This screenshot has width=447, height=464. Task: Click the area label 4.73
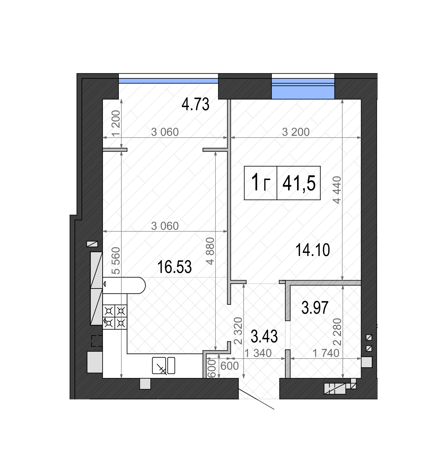[195, 104]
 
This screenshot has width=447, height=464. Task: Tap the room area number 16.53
[174, 267]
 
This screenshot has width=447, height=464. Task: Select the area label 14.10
[313, 250]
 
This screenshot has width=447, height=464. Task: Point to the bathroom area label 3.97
[315, 307]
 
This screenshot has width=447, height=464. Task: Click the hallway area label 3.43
[264, 336]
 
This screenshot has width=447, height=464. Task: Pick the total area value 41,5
[299, 183]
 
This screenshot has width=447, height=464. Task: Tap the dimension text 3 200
[296, 132]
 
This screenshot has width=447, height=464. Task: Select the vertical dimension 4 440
[337, 190]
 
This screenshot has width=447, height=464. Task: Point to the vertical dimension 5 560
[116, 261]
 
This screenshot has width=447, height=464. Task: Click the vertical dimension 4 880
[210, 251]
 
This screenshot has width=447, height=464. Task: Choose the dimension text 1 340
[258, 353]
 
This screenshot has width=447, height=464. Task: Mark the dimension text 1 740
[326, 353]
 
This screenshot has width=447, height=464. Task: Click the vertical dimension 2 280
[337, 332]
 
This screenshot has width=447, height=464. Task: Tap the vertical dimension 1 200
[116, 123]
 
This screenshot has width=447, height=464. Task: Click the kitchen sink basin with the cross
[159, 366]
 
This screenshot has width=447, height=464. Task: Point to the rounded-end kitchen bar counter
[124, 285]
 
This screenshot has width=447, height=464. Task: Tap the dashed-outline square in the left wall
[97, 341]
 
